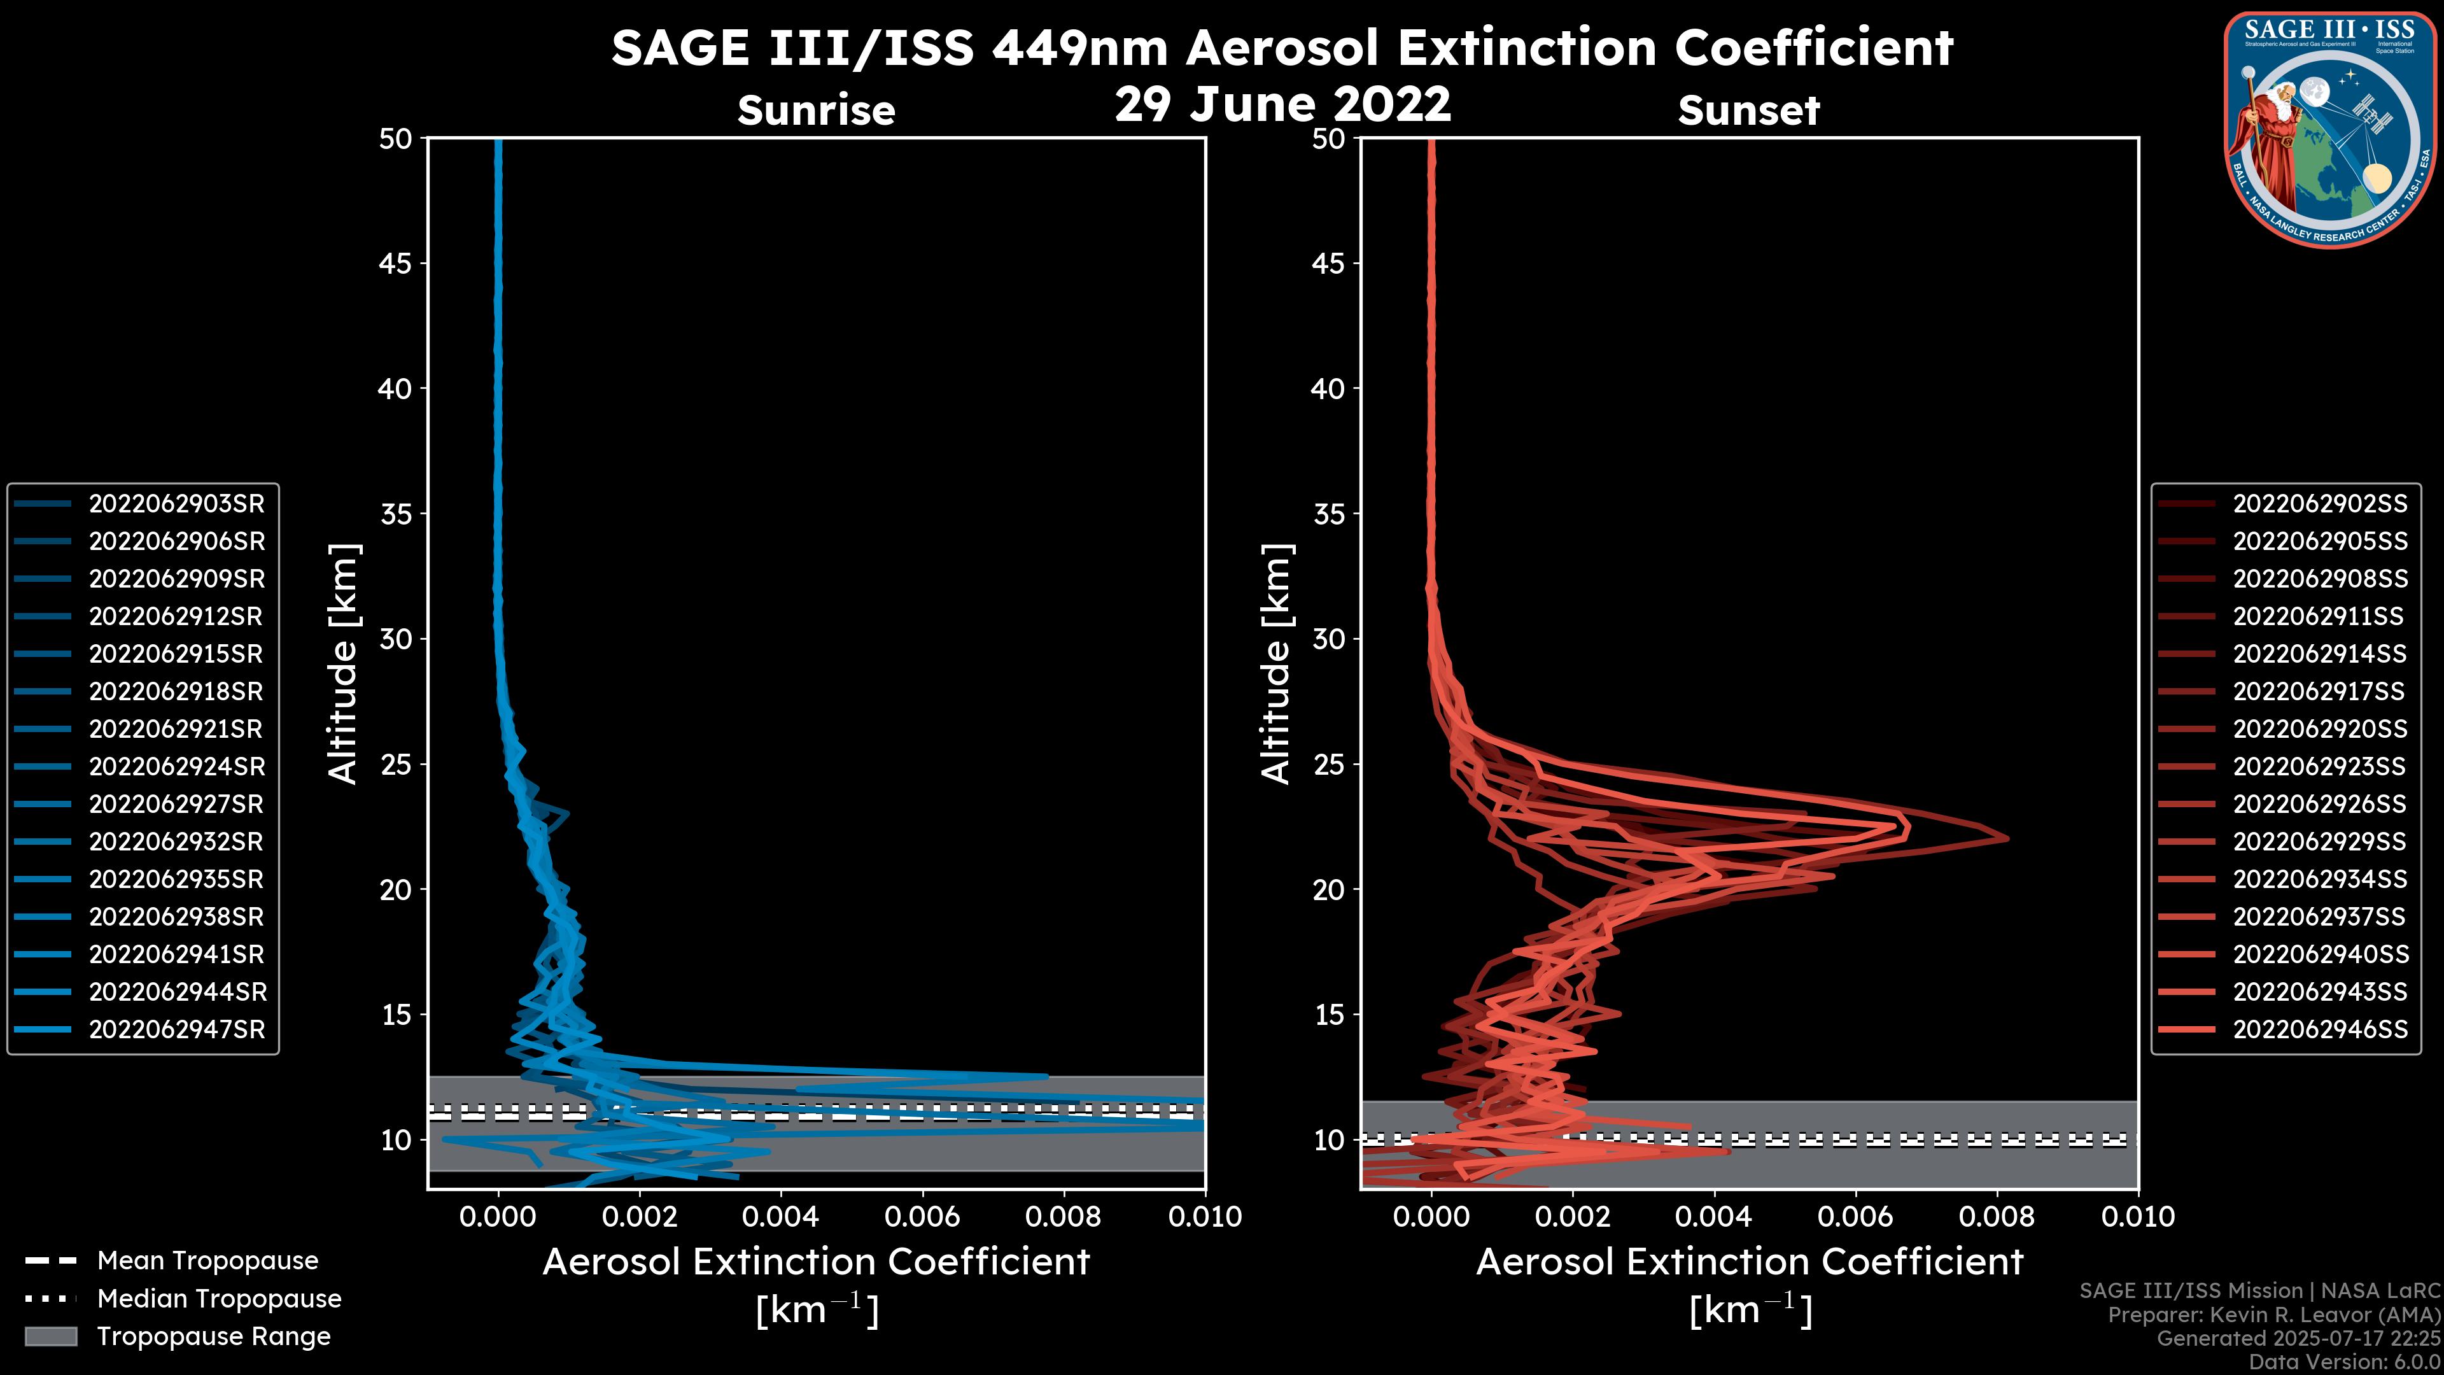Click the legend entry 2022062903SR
point(176,504)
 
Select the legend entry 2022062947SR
point(176,1029)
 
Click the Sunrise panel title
point(816,111)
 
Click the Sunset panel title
point(1748,111)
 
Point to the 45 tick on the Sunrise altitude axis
point(396,264)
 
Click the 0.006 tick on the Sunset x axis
point(1856,1216)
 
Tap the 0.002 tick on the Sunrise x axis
point(640,1216)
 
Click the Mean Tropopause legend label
point(207,1261)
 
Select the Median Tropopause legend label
point(219,1299)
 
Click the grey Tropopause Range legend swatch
point(50,1337)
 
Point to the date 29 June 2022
point(1282,104)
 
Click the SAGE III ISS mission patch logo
point(2330,129)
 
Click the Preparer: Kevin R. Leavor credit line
point(2273,1315)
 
